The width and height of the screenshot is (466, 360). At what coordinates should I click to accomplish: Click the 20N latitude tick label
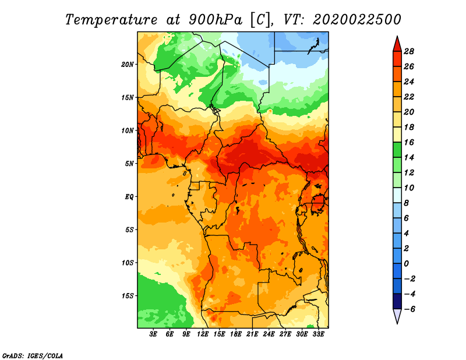point(127,65)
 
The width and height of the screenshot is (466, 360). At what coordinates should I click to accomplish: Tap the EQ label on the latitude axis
point(129,197)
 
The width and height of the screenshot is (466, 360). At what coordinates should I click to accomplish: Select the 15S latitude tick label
point(127,296)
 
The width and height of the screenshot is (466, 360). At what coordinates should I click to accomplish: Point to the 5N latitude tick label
point(129,164)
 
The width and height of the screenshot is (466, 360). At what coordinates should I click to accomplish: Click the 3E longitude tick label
point(153,334)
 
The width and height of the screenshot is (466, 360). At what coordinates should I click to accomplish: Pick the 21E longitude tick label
point(252,334)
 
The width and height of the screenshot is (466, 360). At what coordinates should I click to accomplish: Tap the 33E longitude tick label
point(318,334)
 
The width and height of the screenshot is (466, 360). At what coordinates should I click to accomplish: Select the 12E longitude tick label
point(203,334)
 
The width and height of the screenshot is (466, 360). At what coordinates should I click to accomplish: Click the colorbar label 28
point(409,51)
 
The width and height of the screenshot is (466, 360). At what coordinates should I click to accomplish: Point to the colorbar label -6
point(409,309)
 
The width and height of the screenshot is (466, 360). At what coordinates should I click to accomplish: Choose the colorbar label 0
point(406,264)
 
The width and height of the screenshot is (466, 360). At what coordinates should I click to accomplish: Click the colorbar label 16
point(409,142)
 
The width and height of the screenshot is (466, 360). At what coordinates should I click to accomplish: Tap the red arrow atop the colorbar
point(397,44)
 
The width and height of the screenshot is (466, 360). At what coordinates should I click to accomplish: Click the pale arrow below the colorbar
point(397,316)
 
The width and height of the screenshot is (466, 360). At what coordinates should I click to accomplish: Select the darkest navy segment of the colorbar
point(397,301)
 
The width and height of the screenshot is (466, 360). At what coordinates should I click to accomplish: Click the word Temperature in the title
point(111,20)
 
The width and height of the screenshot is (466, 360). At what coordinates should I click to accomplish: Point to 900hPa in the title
point(215,20)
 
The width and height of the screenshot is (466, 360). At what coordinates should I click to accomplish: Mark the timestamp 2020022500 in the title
point(356,20)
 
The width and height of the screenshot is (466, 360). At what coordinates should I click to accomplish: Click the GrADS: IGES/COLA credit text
point(33,356)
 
